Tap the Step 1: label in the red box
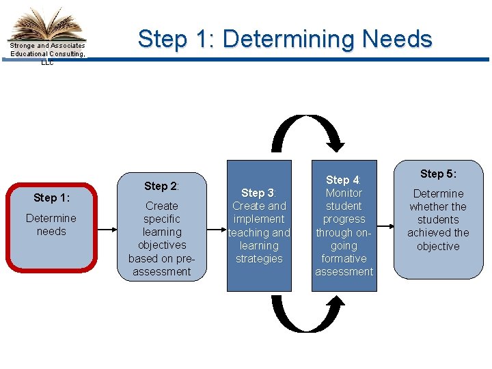coord(51,197)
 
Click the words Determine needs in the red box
coord(51,225)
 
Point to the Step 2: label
coord(161,186)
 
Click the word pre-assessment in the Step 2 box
coord(162,265)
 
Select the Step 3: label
coord(258,193)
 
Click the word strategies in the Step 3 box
coord(259,258)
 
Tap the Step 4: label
coord(343,180)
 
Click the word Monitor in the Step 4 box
coord(344,193)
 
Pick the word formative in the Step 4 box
coord(344,258)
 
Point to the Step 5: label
coord(438,174)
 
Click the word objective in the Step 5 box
coord(438,246)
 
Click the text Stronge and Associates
coord(48,46)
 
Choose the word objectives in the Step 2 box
coord(162,245)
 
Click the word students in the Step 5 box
coord(438,219)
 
